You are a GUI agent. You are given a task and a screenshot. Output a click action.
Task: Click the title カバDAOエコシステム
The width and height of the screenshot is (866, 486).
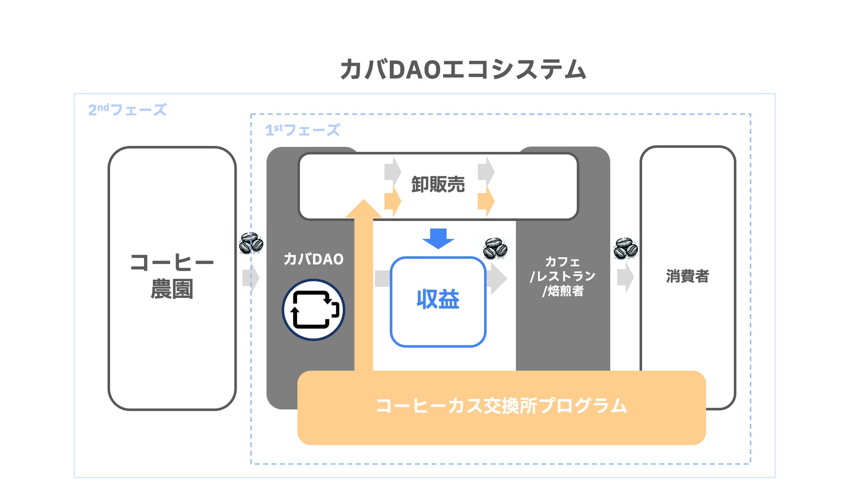point(463,70)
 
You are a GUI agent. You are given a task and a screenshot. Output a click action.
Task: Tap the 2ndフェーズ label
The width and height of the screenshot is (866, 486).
point(127,110)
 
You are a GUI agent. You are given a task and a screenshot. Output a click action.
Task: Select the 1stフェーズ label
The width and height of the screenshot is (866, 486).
point(302,130)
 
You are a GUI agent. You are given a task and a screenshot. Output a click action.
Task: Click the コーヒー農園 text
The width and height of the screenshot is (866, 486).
point(172,276)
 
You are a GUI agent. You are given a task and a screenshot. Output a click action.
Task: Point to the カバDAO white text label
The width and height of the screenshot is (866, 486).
point(314,259)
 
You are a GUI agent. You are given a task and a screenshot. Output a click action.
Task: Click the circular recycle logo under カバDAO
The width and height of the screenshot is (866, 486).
point(314,310)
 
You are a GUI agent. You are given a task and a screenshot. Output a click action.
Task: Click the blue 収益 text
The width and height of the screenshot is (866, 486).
point(438,300)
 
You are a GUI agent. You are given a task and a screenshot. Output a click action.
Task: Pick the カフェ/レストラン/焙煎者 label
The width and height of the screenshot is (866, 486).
point(563,276)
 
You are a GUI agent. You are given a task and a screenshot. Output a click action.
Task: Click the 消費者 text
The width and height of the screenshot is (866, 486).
point(687,276)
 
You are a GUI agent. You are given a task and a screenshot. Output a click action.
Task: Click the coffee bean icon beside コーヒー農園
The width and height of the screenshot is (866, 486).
point(251,243)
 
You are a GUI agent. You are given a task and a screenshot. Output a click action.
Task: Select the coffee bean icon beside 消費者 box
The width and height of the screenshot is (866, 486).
point(626,248)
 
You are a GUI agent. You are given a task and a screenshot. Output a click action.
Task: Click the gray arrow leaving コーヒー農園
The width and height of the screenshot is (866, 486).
point(251,278)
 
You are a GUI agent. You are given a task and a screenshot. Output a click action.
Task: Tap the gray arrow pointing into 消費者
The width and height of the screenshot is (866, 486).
point(626,277)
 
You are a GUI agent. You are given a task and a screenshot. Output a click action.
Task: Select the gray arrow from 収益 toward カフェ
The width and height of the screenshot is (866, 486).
point(497,279)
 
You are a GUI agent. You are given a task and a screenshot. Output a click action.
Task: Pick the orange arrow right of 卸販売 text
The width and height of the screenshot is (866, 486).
point(486,201)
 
